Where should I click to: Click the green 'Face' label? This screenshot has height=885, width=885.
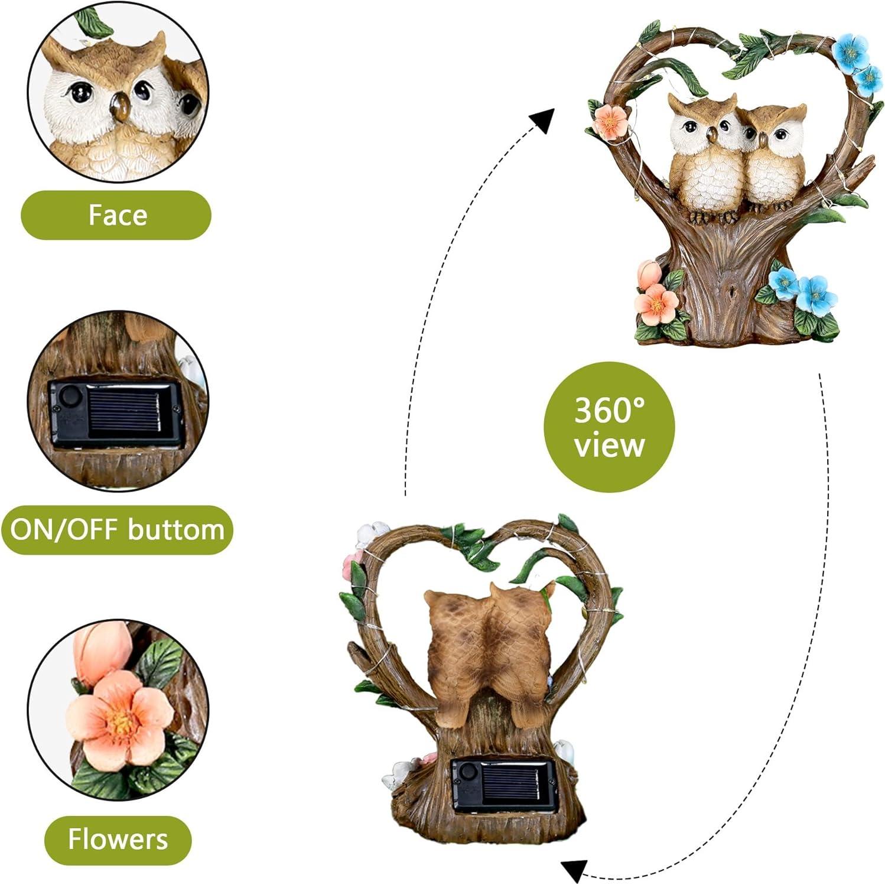click(116, 215)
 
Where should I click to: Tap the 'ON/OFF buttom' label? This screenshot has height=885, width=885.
click(117, 529)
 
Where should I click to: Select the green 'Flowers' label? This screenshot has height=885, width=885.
click(118, 840)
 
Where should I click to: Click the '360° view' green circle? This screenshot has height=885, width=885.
click(609, 427)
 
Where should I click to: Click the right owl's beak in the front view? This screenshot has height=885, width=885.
click(762, 140)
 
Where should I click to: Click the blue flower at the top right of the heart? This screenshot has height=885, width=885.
click(850, 51)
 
